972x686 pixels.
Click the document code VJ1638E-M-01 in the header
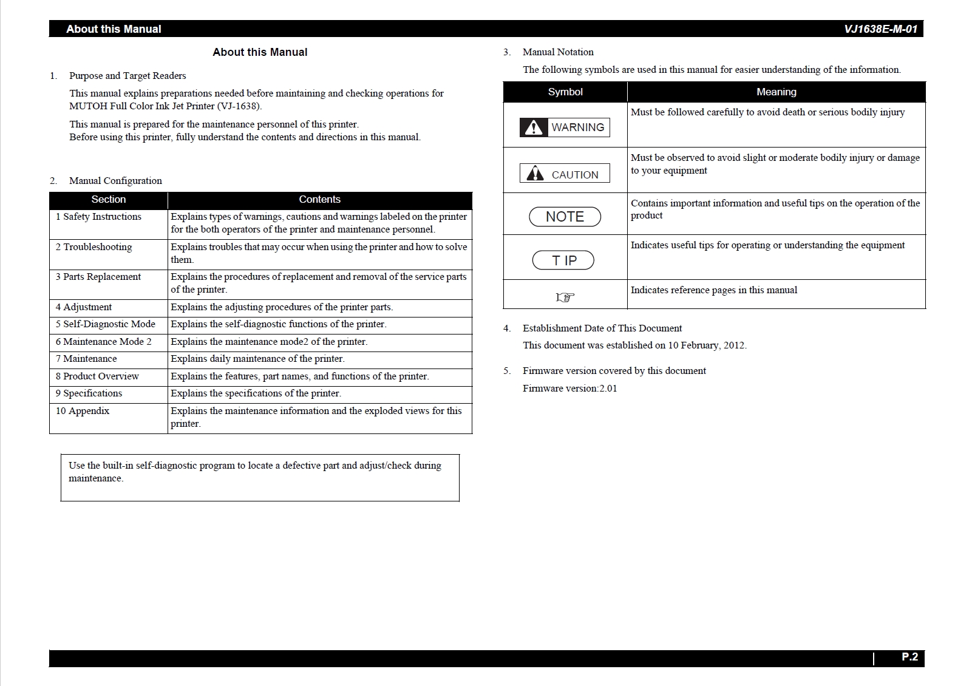880,29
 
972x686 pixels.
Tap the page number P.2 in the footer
909,657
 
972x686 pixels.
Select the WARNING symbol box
565,127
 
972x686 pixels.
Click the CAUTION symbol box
565,174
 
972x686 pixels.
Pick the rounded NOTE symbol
565,217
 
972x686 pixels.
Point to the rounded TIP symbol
563,260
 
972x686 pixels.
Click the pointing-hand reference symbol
565,297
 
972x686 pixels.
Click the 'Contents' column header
319,200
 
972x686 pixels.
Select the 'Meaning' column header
776,92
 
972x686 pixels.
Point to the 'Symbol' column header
565,92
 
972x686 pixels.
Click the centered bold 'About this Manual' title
260,52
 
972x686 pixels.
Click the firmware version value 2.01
608,389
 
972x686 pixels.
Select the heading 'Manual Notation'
558,52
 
